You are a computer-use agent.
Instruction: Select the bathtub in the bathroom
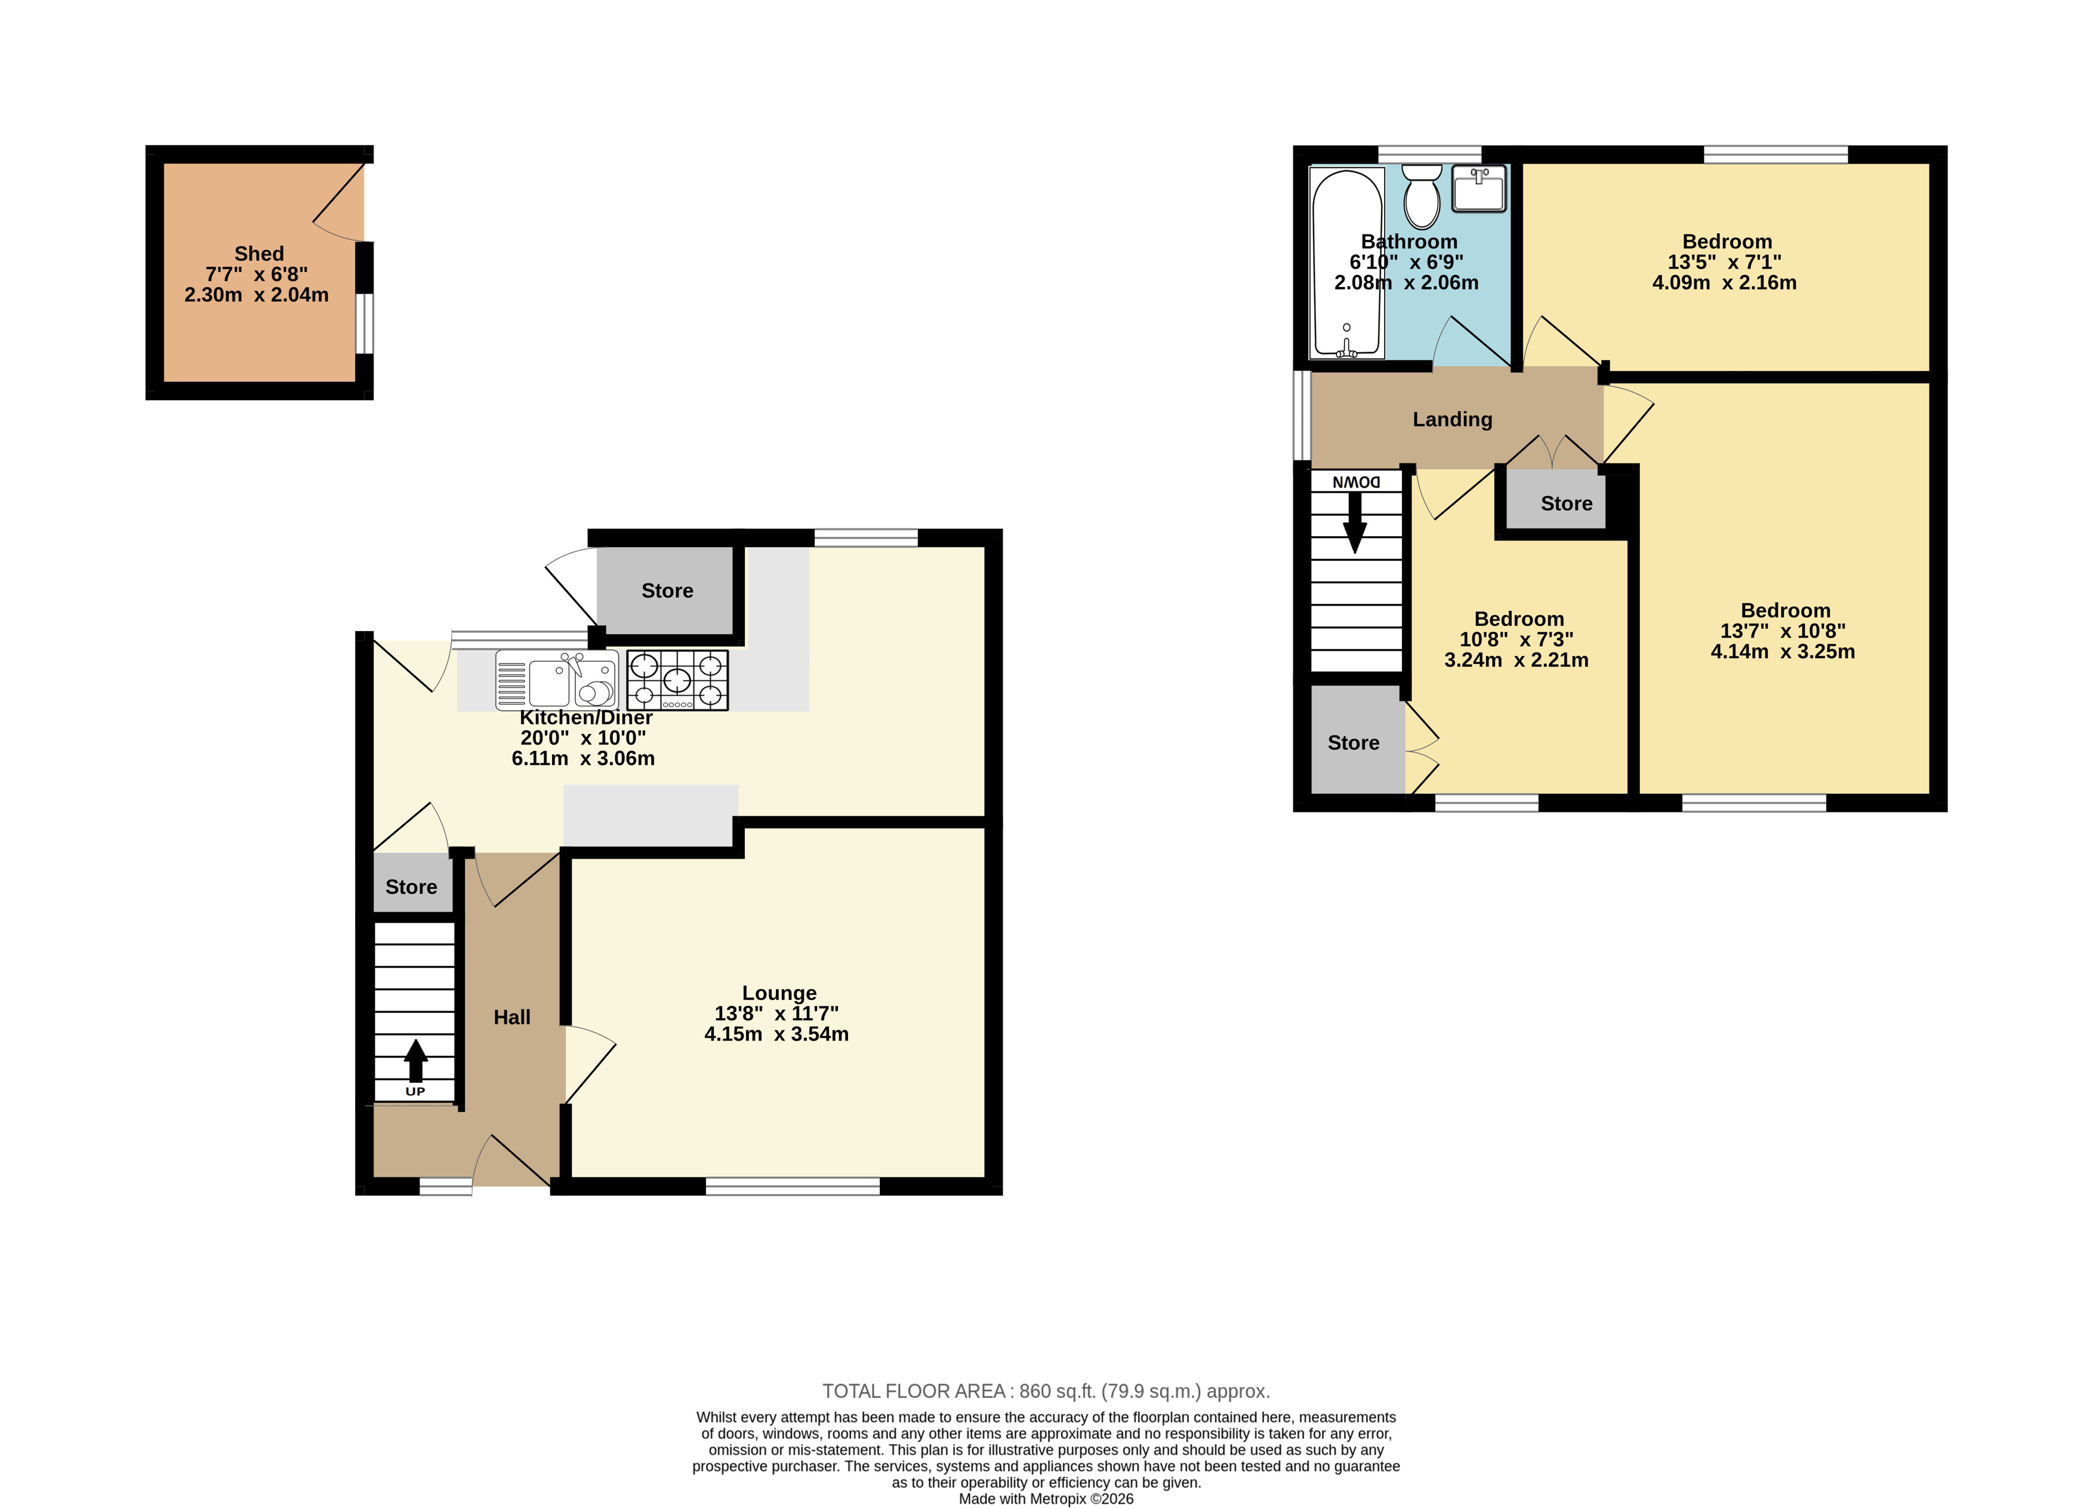pos(1348,263)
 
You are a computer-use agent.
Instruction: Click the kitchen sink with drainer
pos(556,680)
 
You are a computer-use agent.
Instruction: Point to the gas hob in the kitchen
pos(677,680)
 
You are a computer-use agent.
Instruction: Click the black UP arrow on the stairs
pos(416,1061)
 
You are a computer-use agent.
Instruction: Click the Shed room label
pos(260,254)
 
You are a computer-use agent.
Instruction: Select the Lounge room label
pos(780,993)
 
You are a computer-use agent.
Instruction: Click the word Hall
pos(512,1017)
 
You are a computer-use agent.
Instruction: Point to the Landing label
pos(1453,420)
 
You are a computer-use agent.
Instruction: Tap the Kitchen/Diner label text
pos(586,718)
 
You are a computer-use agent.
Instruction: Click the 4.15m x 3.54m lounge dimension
pos(777,1034)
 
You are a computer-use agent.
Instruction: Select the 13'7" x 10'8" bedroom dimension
pos(1783,631)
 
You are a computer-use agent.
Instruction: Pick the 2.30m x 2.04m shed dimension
pos(257,295)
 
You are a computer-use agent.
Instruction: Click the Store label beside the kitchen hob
pos(667,591)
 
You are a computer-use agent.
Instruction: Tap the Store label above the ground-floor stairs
pos(412,887)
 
